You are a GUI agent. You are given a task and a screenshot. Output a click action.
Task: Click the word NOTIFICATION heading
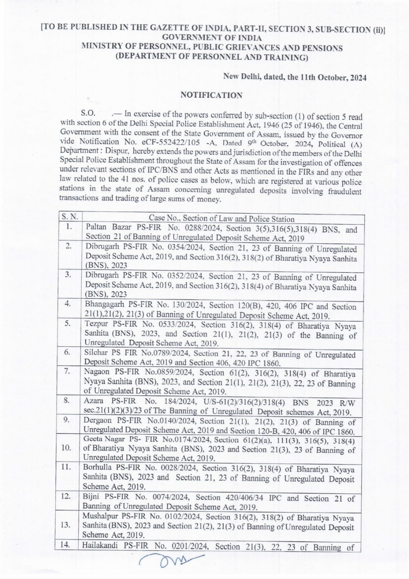coord(211,95)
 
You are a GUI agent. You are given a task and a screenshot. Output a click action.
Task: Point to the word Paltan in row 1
coord(96,227)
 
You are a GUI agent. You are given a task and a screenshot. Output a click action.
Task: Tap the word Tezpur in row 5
coord(96,324)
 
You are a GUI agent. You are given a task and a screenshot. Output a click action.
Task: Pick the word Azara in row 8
coord(94,401)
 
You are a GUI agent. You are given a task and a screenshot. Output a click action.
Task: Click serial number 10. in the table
coord(66,448)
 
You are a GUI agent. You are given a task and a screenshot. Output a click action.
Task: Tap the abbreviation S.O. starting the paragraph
coord(88,113)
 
